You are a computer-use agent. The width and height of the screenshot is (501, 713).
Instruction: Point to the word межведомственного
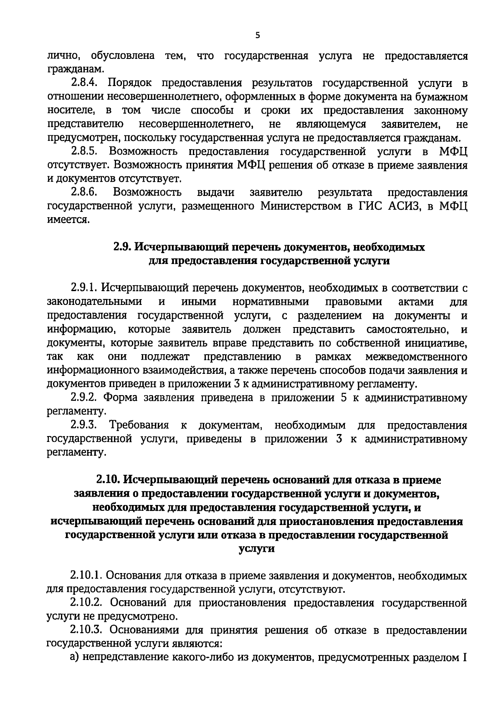[x=416, y=357]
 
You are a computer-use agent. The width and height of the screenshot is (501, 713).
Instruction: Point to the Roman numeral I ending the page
[x=464, y=657]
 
